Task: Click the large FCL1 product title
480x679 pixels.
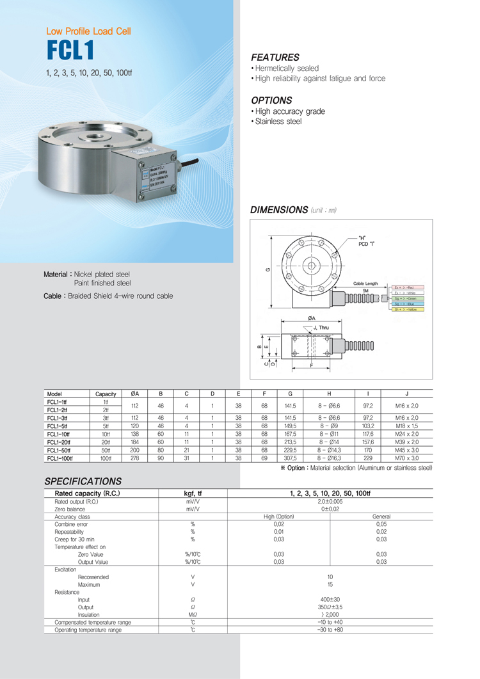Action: point(70,50)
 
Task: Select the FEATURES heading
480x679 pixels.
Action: point(275,57)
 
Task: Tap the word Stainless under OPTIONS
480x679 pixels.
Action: point(269,122)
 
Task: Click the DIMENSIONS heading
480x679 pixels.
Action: point(278,209)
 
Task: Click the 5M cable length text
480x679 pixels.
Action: point(365,291)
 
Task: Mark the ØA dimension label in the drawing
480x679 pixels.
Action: point(311,318)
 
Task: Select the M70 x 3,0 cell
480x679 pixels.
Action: point(406,458)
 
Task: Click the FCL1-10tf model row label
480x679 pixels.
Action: point(60,434)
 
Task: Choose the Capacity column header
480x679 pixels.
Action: point(106,394)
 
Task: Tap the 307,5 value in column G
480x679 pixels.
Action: point(291,458)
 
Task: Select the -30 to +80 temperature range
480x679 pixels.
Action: point(330,630)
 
